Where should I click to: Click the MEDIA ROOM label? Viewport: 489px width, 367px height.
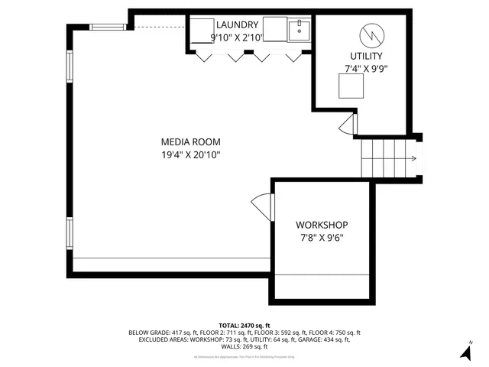pos(190,141)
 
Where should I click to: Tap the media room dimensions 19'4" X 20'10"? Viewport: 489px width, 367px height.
pos(190,154)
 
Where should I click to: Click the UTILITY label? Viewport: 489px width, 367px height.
pos(366,57)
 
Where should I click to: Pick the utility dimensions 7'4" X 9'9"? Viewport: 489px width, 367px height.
pos(366,69)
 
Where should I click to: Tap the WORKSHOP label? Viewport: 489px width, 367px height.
pos(322,225)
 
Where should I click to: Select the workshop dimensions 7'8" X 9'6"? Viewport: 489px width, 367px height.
pos(322,237)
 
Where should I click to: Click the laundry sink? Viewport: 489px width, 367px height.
pos(299,30)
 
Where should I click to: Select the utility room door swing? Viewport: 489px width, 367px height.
pos(348,122)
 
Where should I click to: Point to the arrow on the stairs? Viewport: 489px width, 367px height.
pos(412,159)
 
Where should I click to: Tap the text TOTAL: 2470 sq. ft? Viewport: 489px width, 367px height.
pos(244,326)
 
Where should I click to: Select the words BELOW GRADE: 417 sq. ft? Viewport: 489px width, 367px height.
pos(159,333)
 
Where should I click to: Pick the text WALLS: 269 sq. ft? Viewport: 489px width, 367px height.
pos(244,346)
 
